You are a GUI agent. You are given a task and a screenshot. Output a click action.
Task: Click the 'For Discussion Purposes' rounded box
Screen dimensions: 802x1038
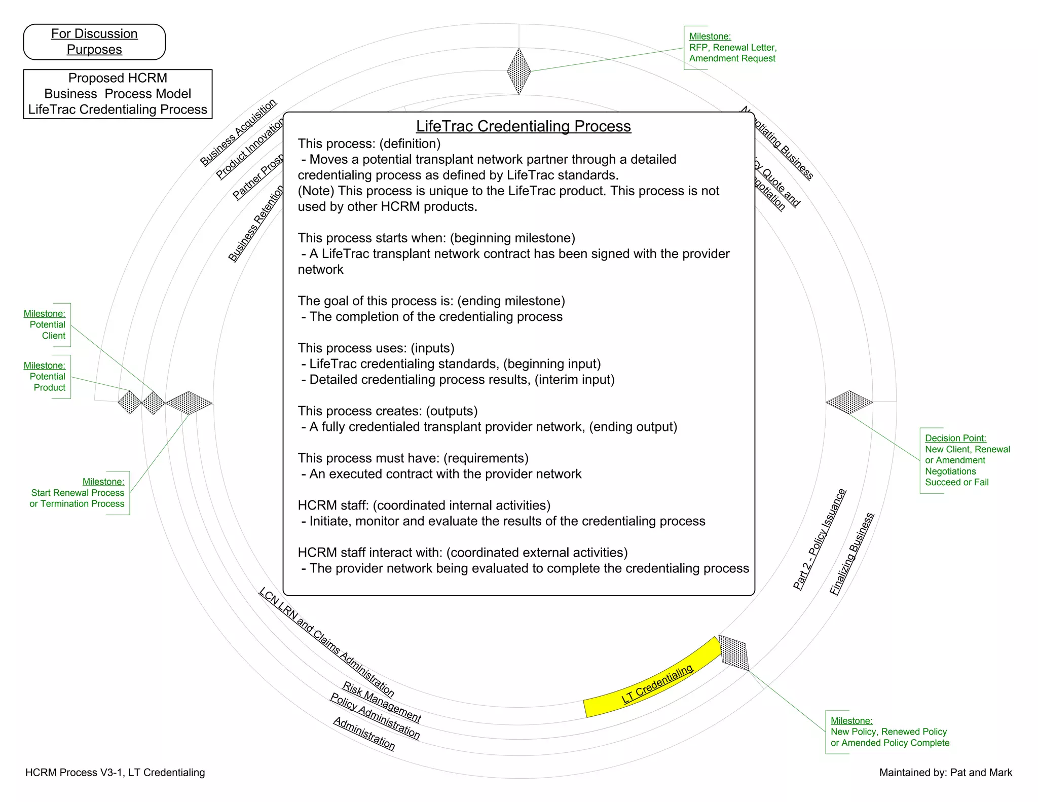click(94, 42)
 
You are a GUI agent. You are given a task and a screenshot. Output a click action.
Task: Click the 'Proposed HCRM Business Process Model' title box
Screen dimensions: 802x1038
click(118, 94)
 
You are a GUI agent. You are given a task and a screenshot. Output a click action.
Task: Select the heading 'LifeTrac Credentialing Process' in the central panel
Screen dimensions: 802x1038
click(523, 126)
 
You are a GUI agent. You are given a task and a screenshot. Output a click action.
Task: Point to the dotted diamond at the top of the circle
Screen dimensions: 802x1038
click(519, 71)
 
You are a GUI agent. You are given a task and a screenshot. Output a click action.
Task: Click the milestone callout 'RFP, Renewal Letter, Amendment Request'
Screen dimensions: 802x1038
click(732, 48)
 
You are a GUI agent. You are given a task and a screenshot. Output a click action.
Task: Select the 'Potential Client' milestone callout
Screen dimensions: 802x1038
click(47, 325)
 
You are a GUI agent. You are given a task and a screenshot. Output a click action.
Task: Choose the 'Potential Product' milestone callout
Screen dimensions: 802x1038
click(47, 377)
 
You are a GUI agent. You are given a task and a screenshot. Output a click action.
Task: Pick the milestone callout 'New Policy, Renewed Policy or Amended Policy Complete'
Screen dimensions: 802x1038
click(889, 732)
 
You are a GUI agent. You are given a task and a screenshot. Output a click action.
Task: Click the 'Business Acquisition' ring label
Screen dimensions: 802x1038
click(238, 133)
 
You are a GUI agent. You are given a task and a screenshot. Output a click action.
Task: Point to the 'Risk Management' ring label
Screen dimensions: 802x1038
click(382, 702)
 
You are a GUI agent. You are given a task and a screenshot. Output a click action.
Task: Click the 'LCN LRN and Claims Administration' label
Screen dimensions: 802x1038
click(326, 642)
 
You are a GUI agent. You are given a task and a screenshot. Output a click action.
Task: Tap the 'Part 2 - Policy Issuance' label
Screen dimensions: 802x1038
click(819, 539)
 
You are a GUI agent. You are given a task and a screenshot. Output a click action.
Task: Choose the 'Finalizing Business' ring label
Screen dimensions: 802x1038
click(851, 554)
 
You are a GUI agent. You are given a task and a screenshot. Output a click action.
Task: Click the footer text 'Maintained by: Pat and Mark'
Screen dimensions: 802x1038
click(945, 773)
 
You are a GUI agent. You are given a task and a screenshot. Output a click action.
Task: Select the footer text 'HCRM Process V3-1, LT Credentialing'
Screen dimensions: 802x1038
click(115, 773)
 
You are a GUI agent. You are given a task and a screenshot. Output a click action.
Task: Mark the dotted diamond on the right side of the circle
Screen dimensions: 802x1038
click(849, 403)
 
